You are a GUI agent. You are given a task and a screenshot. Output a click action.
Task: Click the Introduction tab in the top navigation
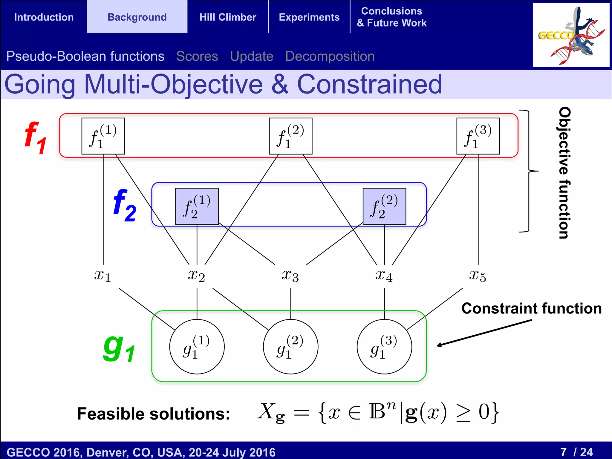44,17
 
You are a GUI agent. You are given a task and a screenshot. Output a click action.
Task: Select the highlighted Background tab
137,17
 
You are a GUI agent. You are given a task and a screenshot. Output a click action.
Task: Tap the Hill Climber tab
228,17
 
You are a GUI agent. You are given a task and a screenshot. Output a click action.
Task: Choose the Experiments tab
309,17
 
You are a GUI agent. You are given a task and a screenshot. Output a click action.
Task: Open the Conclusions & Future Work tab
391,17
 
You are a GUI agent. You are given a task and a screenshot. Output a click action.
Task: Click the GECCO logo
571,35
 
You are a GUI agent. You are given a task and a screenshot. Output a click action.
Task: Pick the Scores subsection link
197,56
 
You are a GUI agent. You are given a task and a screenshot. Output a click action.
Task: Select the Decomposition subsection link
330,56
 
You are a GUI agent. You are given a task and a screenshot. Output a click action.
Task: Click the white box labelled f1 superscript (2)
290,136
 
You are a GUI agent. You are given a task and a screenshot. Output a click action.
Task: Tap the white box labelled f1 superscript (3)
478,136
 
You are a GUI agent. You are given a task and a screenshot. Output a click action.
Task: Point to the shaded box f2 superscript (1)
197,206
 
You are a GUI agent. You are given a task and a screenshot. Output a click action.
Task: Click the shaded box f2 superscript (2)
384,206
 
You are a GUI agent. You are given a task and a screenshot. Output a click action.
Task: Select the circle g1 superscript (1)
197,347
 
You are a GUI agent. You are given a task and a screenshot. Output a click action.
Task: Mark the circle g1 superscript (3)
384,347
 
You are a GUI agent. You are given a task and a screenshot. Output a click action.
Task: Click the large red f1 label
36,138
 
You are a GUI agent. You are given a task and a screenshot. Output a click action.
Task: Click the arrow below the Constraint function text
484,333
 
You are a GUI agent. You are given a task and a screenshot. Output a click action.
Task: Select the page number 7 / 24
576,452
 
